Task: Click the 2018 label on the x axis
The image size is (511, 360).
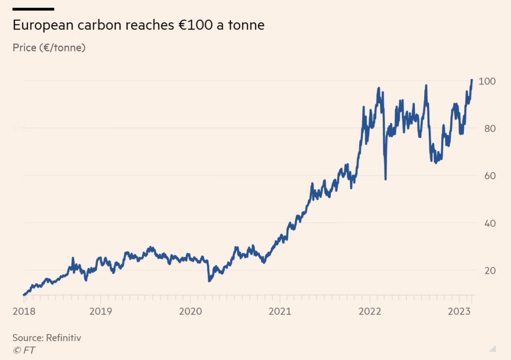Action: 24,311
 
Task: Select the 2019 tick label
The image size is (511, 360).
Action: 101,311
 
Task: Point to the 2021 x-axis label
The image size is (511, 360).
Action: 280,311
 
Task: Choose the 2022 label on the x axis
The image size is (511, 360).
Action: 370,311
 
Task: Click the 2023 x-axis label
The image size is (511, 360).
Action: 459,311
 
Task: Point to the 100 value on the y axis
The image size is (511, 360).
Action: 486,81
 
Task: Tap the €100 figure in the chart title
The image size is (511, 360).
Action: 191,25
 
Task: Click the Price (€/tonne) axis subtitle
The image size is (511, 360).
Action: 49,48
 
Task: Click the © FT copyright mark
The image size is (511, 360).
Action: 24,350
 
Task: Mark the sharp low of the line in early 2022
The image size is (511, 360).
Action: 385,179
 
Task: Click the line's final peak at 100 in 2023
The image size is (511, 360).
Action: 471,80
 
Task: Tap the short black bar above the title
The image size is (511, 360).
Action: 33,9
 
